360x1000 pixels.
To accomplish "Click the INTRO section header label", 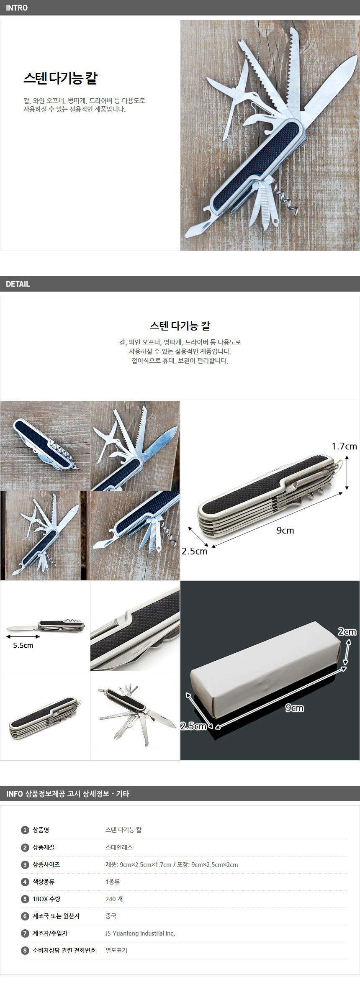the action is pyautogui.click(x=17, y=8).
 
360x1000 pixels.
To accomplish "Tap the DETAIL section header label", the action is pyautogui.click(x=18, y=284).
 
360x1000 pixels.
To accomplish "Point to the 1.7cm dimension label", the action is pyautogui.click(x=344, y=446).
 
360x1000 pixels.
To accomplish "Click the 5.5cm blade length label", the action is pyautogui.click(x=23, y=645).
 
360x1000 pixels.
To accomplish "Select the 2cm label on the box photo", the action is pyautogui.click(x=347, y=631).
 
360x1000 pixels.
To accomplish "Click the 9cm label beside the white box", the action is pyautogui.click(x=295, y=708).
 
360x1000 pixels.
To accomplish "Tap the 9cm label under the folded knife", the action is pyautogui.click(x=285, y=531).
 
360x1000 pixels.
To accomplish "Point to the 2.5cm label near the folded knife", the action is pyautogui.click(x=194, y=551).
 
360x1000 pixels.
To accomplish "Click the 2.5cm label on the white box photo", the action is pyautogui.click(x=193, y=726).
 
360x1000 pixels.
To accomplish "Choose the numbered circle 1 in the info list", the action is pyautogui.click(x=25, y=830).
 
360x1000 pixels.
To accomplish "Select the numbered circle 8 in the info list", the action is pyautogui.click(x=25, y=950).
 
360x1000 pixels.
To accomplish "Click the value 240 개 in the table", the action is pyautogui.click(x=114, y=899).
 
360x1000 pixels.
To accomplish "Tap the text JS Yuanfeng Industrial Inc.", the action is pyautogui.click(x=140, y=933).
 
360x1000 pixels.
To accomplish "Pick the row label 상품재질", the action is pyautogui.click(x=44, y=847).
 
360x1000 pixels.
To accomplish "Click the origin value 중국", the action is pyautogui.click(x=111, y=916).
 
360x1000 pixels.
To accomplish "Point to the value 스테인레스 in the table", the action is pyautogui.click(x=119, y=847).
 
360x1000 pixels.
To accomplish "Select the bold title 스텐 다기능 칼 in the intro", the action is pyautogui.click(x=60, y=78).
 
